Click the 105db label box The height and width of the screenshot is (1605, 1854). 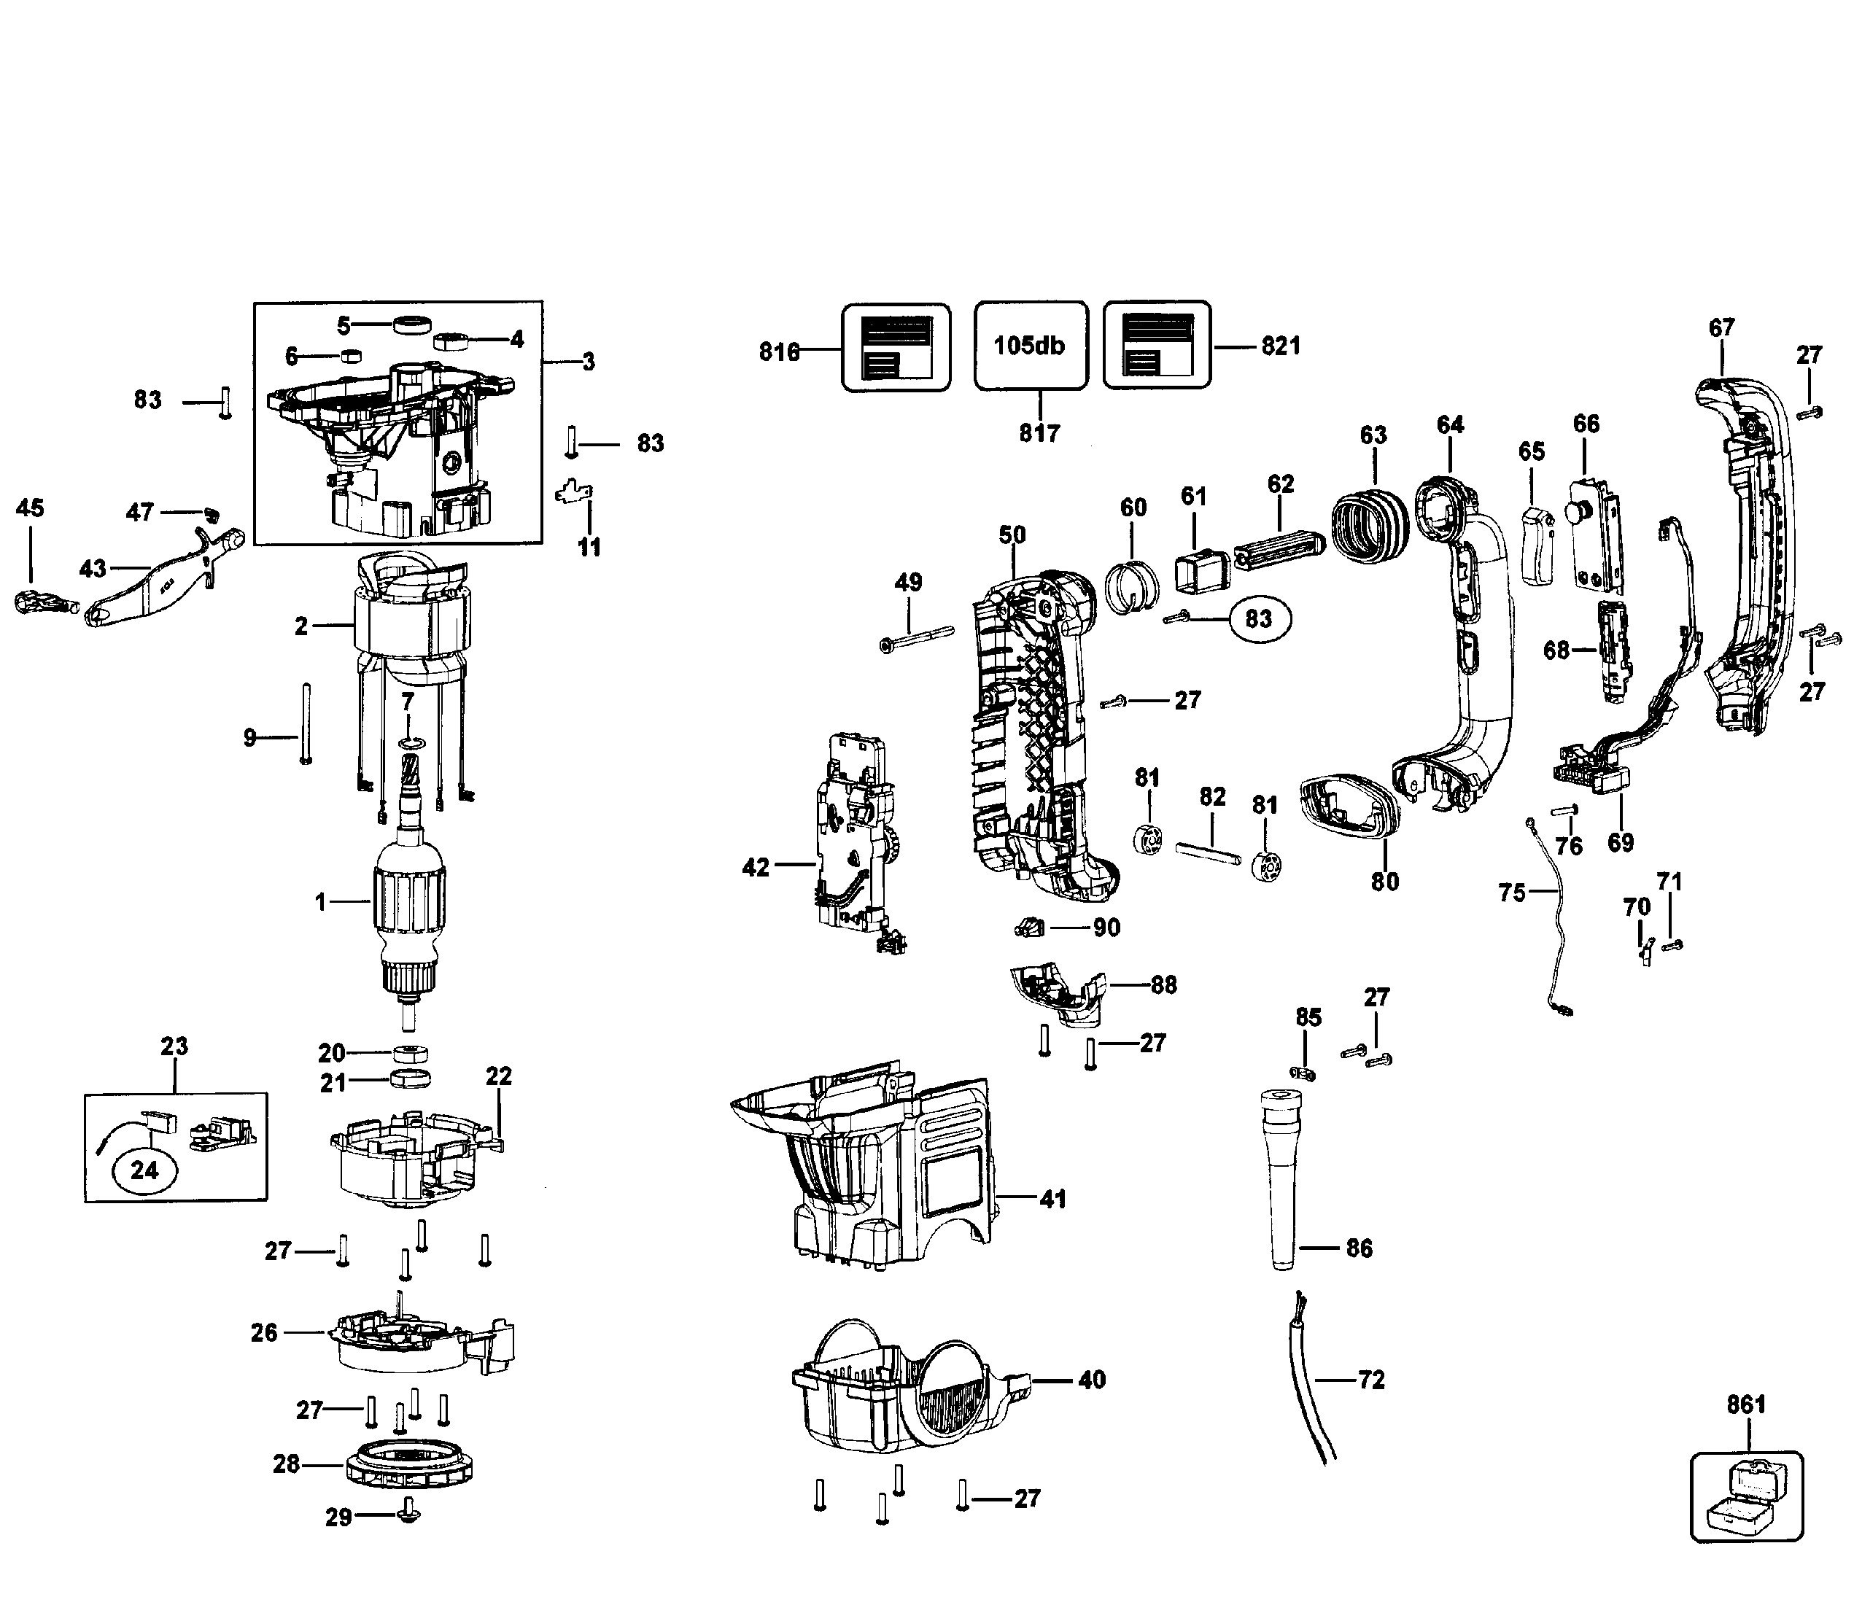coord(1030,346)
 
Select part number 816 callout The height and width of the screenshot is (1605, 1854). coord(778,352)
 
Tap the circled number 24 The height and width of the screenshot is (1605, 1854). coord(144,1170)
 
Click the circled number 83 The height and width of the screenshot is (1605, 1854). coord(1258,619)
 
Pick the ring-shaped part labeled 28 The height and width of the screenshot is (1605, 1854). coord(409,1465)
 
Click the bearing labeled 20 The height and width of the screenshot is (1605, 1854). coord(409,1052)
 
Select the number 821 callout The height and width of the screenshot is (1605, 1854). coord(1280,346)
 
